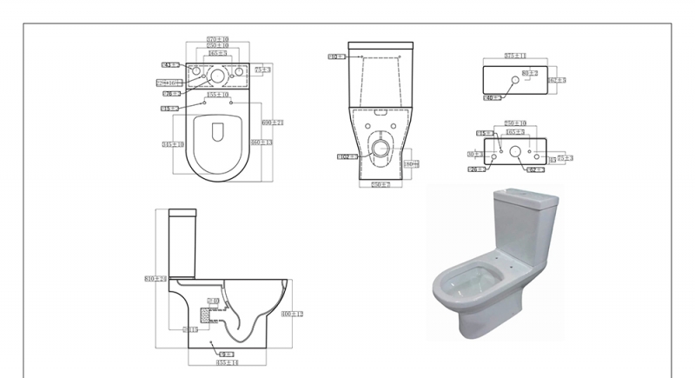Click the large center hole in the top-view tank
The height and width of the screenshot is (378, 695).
pos(216,75)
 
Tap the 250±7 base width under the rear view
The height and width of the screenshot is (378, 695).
pos(379,185)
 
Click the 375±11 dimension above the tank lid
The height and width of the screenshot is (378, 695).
pos(515,56)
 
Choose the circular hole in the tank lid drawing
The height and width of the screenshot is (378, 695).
pos(516,80)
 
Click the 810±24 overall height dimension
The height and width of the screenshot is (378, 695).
pos(154,278)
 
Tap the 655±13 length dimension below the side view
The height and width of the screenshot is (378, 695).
pos(227,361)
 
